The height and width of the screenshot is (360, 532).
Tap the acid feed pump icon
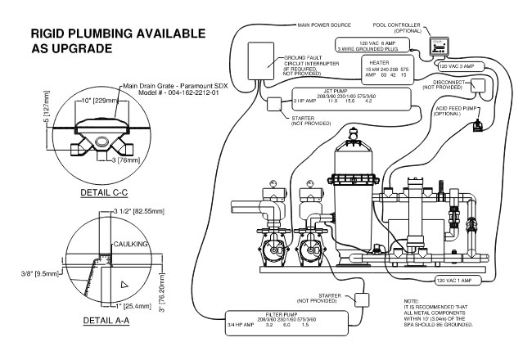pos(480,124)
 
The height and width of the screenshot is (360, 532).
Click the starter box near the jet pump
pos(273,105)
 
